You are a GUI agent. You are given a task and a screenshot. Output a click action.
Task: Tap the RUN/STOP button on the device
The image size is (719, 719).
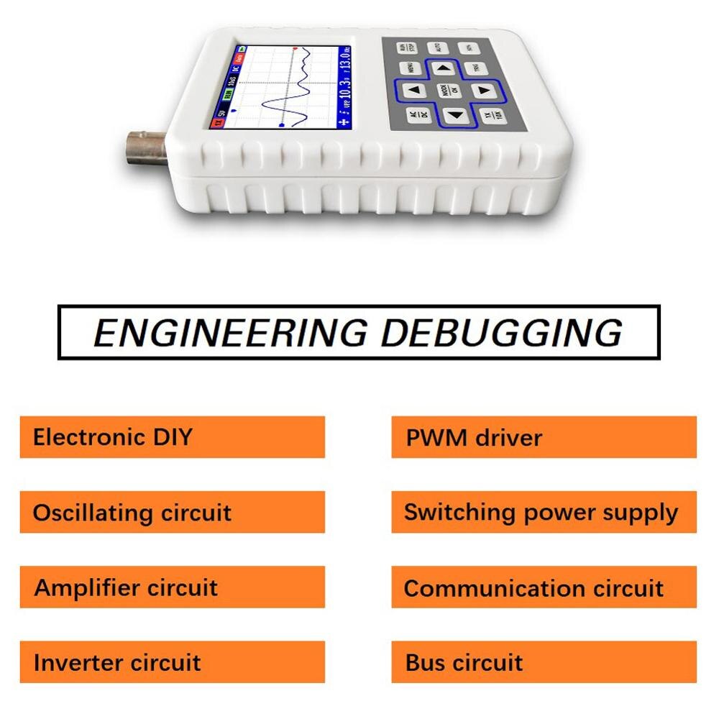tap(406, 47)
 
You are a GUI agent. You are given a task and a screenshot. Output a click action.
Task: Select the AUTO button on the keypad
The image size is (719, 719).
tap(439, 48)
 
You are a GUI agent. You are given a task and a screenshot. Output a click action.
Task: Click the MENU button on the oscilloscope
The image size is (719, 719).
tap(411, 68)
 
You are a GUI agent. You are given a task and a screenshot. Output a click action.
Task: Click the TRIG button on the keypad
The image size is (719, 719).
tap(475, 68)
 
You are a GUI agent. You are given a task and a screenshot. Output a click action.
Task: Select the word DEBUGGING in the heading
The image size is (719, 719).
tap(501, 333)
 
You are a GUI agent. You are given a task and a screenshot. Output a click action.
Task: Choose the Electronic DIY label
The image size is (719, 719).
tap(113, 437)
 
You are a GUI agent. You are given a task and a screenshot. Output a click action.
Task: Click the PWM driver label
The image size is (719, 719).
tap(474, 437)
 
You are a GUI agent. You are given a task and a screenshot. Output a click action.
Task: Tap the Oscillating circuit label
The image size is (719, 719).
tap(132, 513)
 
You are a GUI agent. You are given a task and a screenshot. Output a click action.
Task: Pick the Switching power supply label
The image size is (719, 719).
tap(541, 513)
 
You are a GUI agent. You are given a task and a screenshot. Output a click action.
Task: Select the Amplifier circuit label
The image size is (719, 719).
tap(127, 587)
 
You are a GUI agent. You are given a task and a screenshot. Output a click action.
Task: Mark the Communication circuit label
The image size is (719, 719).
tap(533, 588)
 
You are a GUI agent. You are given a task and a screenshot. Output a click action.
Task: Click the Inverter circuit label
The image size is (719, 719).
tap(117, 662)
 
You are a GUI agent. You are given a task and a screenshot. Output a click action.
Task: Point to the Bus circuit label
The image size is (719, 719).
tap(464, 662)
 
